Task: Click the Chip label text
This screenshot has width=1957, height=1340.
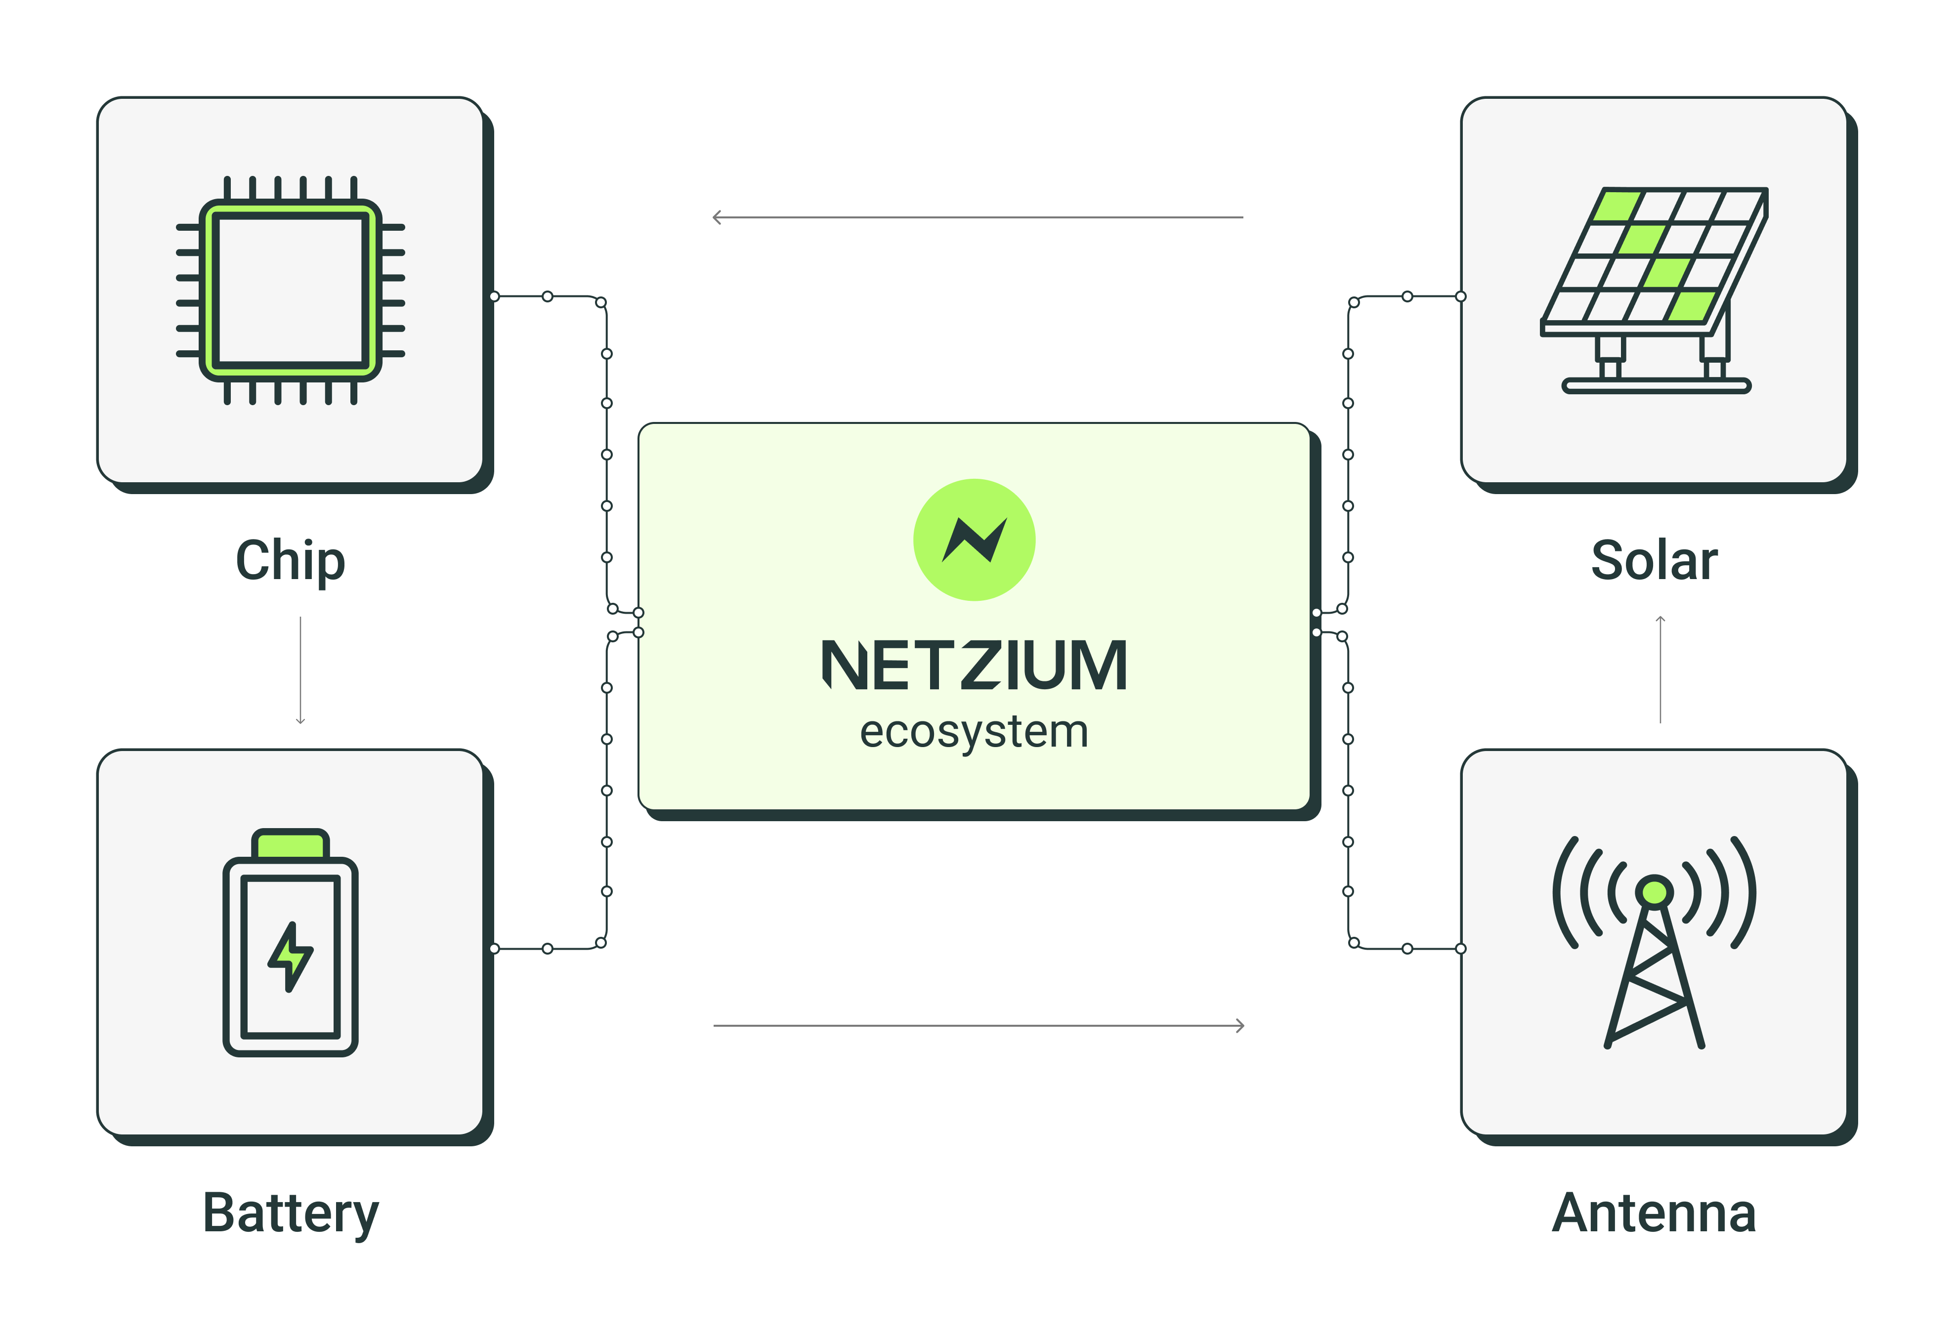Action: click(x=291, y=561)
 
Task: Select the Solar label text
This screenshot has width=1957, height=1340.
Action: click(x=1654, y=561)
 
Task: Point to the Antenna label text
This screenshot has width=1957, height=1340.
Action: click(x=1654, y=1213)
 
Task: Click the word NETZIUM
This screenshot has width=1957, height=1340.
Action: click(x=974, y=665)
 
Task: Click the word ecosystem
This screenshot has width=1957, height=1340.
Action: click(x=974, y=731)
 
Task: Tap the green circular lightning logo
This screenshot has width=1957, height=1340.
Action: click(x=974, y=540)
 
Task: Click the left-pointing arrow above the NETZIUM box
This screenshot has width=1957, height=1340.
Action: click(x=977, y=217)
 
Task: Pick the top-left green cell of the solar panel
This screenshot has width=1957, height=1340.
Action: click(x=1617, y=206)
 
